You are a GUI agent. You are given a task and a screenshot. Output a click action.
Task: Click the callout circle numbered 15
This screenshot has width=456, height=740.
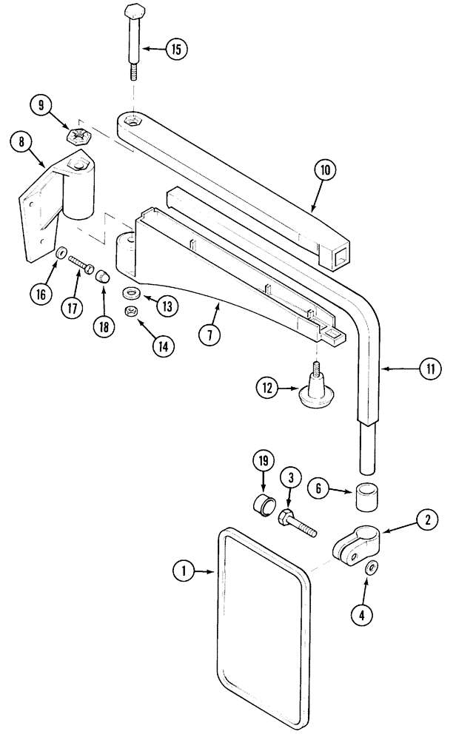pyautogui.click(x=175, y=50)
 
